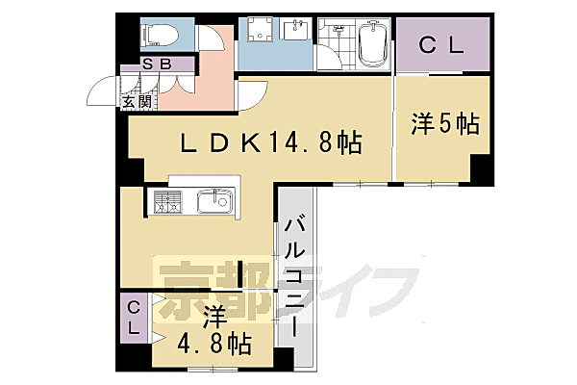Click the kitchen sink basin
[212, 202]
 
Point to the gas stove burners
[167, 202]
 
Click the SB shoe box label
[157, 64]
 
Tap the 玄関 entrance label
[135, 100]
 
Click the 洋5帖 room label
[445, 125]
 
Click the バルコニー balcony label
[295, 274]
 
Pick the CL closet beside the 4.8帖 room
[135, 318]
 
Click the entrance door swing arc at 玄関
[101, 92]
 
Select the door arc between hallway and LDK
[253, 93]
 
